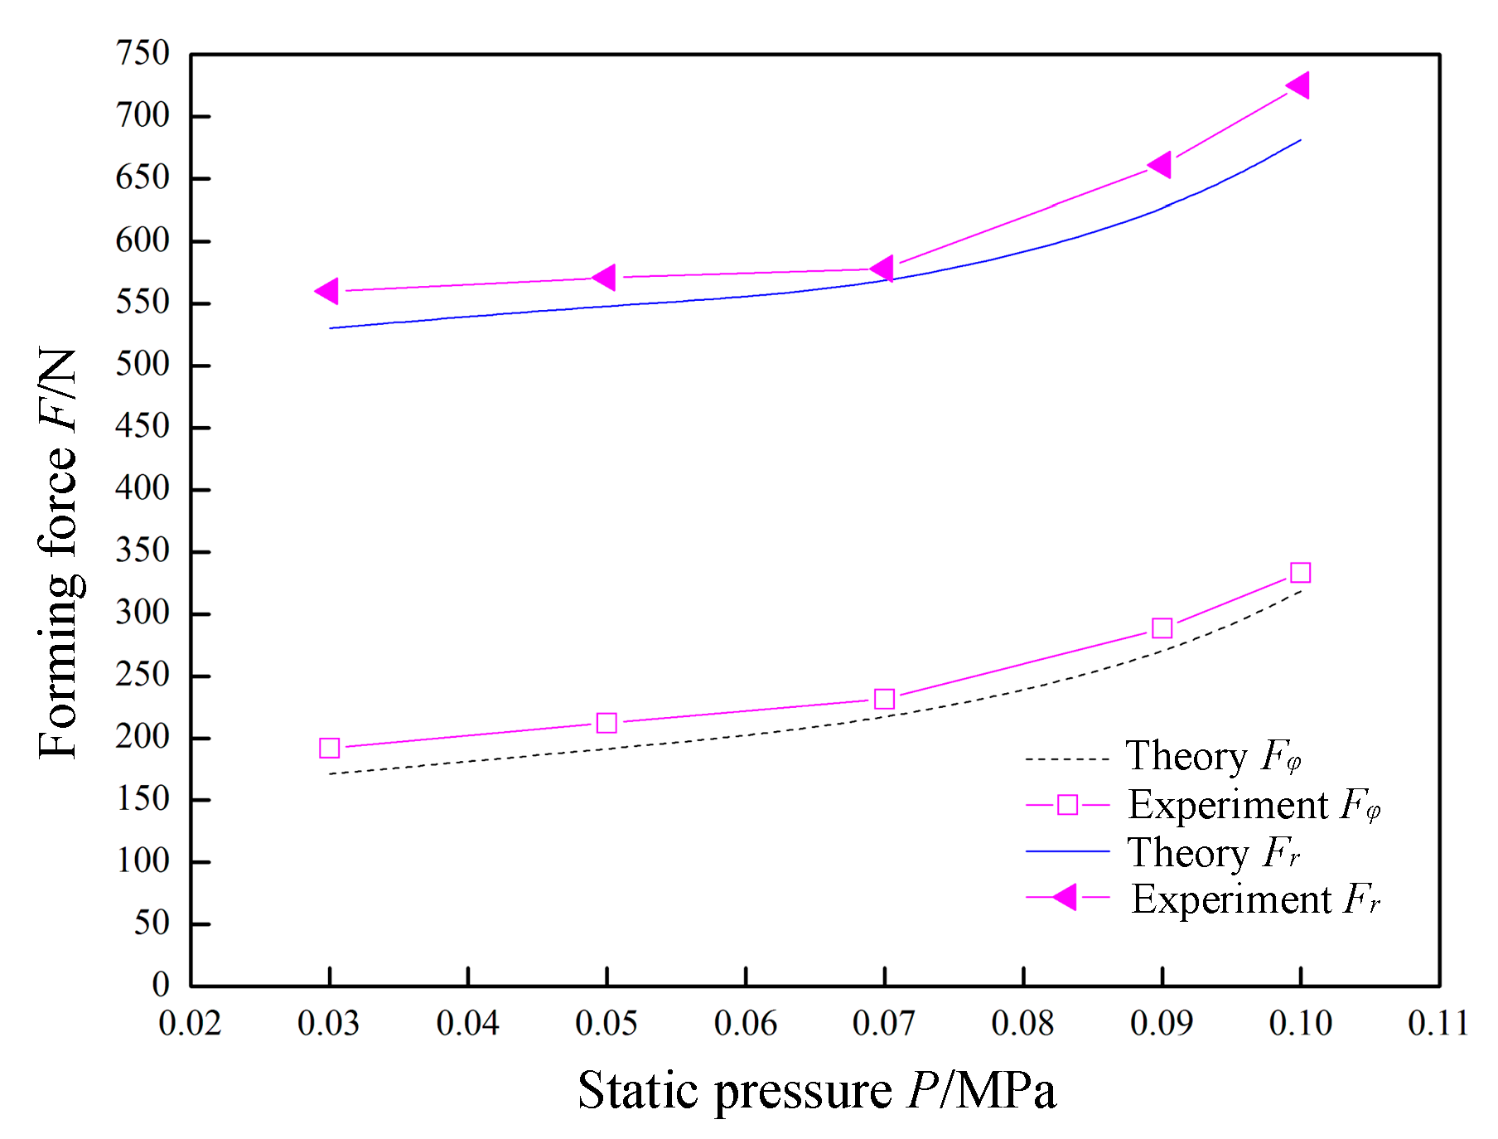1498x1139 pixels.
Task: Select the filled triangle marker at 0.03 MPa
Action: pos(328,291)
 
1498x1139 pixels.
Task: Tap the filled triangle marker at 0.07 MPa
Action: pos(883,269)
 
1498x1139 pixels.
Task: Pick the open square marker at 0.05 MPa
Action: pos(606,723)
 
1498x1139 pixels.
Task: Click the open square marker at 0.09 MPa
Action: pos(1162,628)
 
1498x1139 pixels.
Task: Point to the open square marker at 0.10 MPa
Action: pos(1300,573)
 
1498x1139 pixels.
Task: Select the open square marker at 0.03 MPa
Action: pos(329,749)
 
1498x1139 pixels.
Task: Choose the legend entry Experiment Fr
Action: pos(1255,899)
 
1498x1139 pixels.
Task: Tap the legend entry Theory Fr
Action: pos(1213,853)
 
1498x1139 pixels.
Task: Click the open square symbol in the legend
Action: pos(1067,805)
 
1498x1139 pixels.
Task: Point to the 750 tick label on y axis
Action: pos(143,54)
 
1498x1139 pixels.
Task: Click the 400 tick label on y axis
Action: pos(143,488)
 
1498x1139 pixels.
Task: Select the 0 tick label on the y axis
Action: pos(161,985)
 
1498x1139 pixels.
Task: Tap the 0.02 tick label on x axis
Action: pos(190,1024)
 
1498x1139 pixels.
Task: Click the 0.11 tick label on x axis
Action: pos(1438,1024)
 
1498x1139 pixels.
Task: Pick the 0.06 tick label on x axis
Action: pos(745,1024)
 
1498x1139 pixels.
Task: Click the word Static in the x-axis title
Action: pos(639,1090)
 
